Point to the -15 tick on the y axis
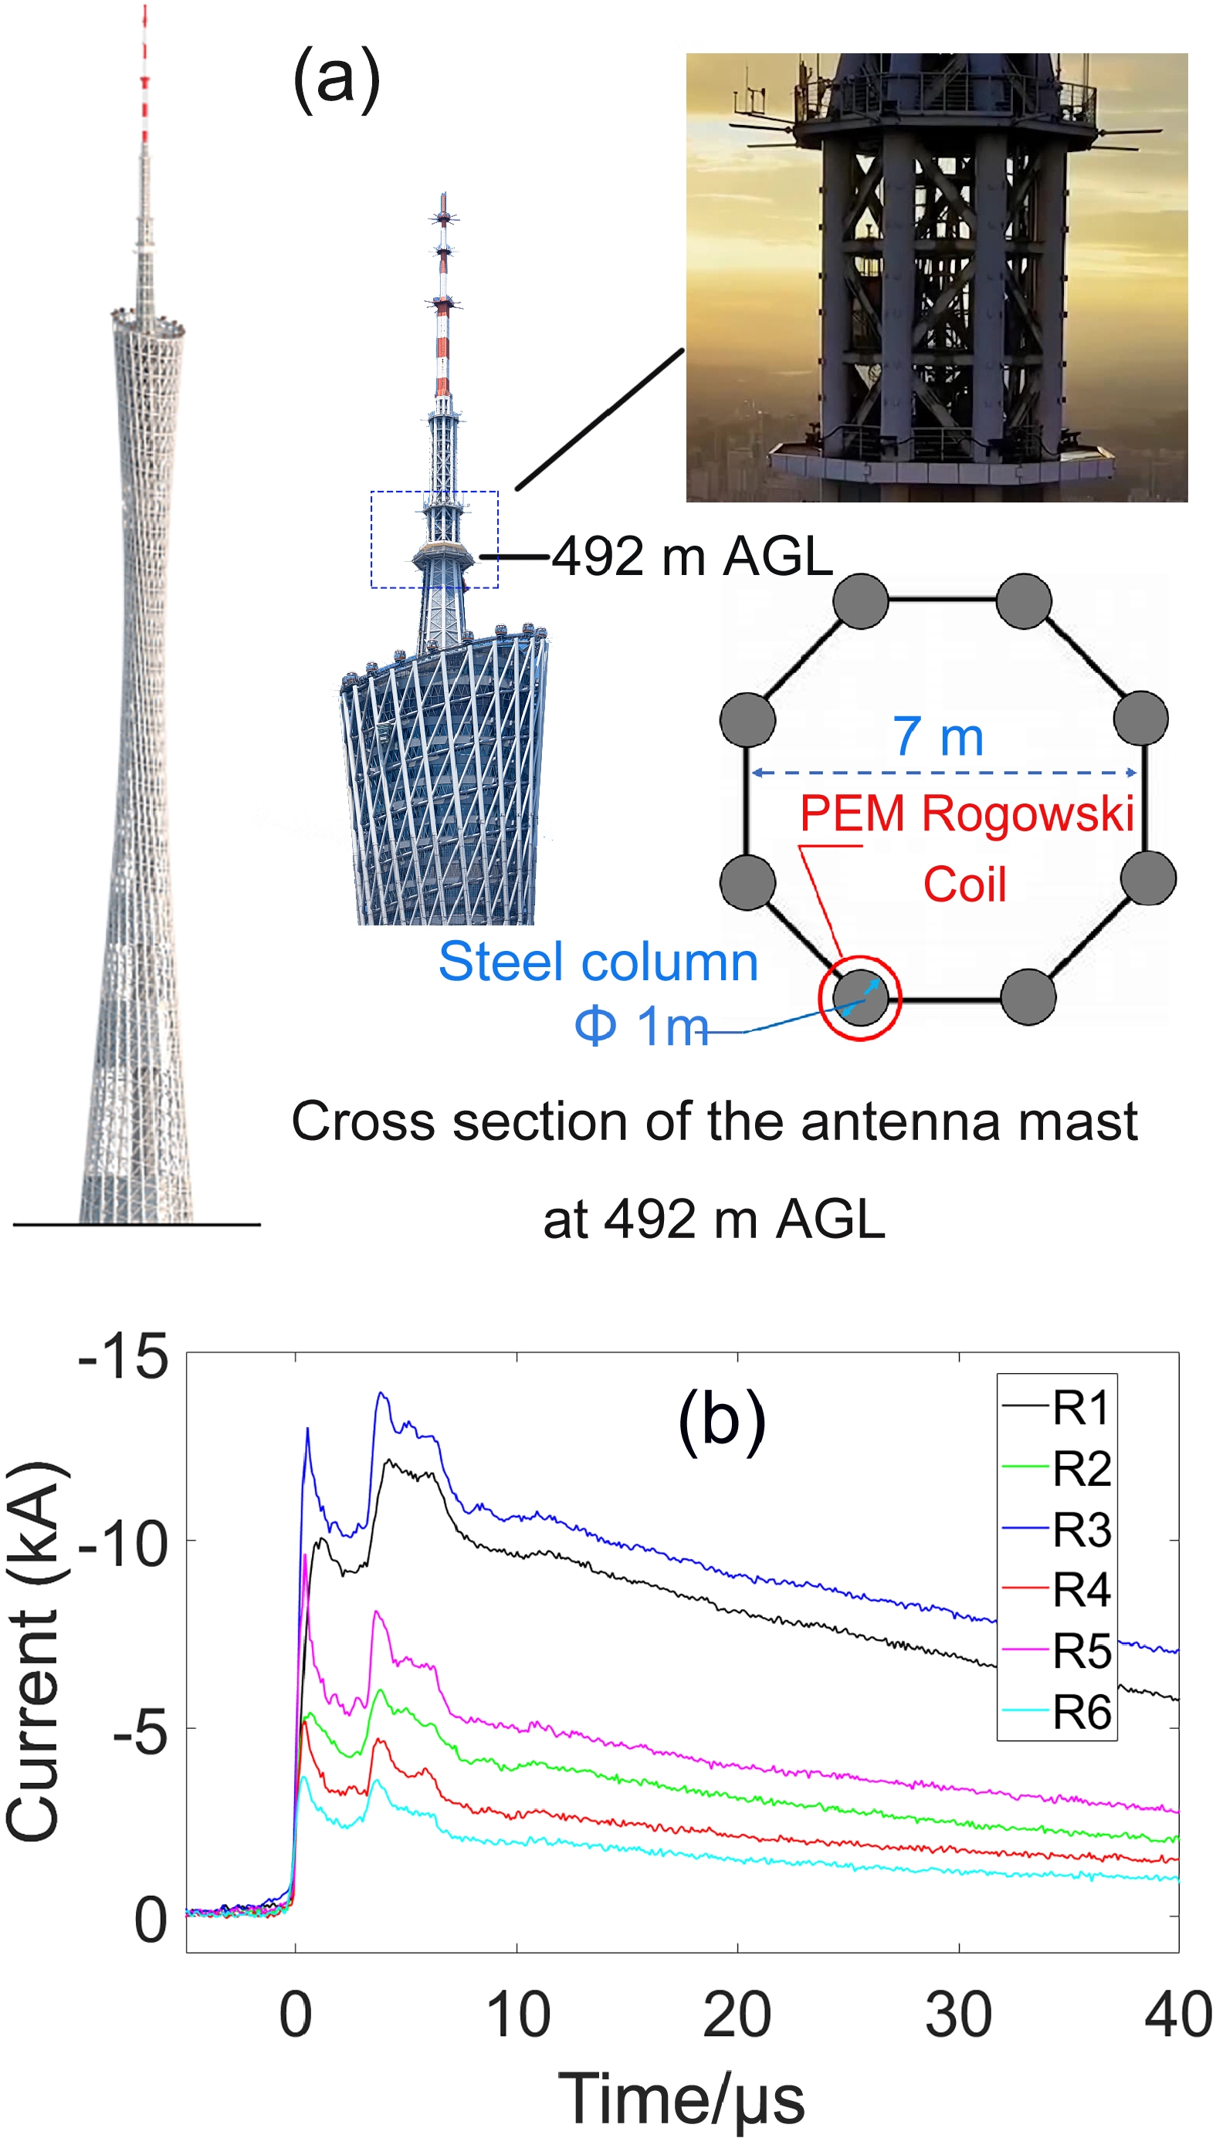pos(124,1357)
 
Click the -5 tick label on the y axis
pos(141,1735)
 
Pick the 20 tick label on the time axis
pos(737,2015)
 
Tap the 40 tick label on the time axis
pos(1177,2015)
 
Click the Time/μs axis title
pos(681,2097)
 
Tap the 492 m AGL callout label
pos(693,556)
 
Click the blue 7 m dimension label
pos(938,736)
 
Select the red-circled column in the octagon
pos(860,996)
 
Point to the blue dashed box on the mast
pos(434,540)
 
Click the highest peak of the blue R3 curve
pos(381,1393)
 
